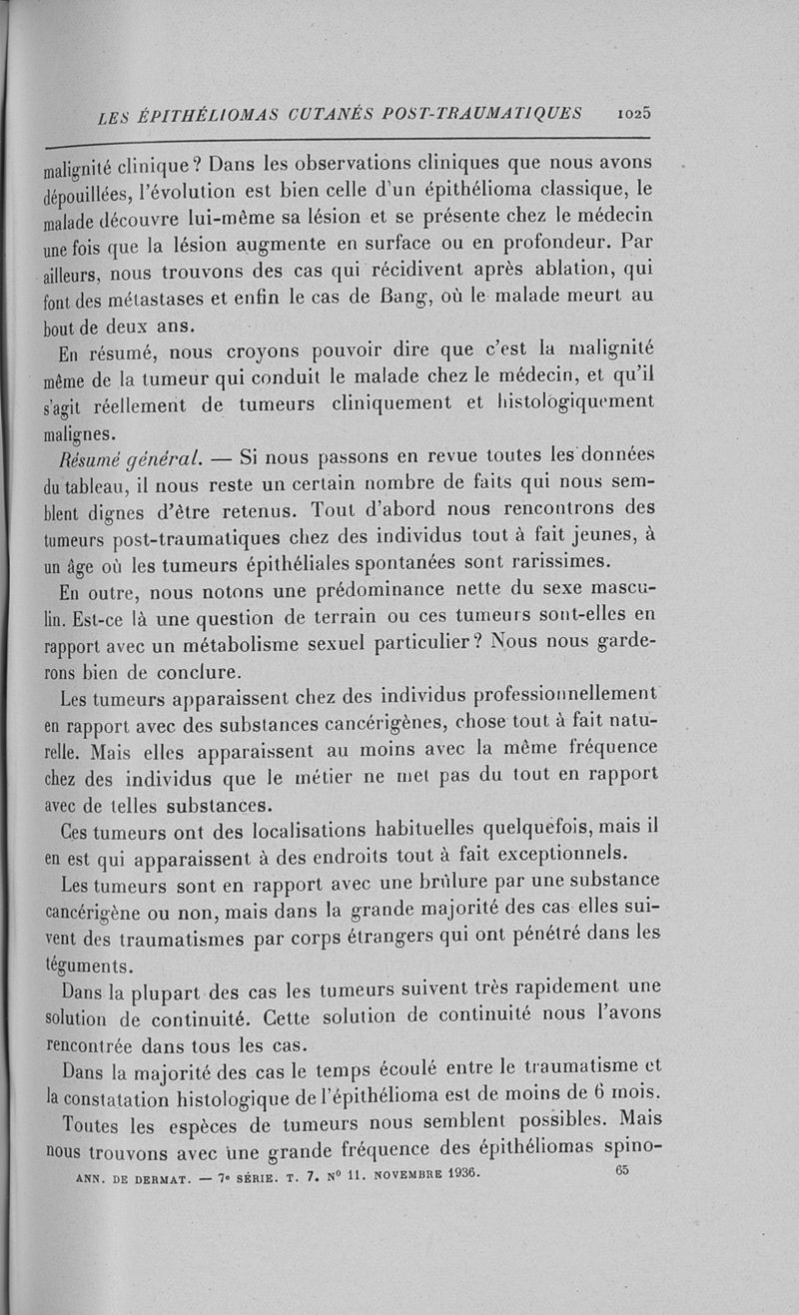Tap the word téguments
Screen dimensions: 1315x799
coord(94,967)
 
